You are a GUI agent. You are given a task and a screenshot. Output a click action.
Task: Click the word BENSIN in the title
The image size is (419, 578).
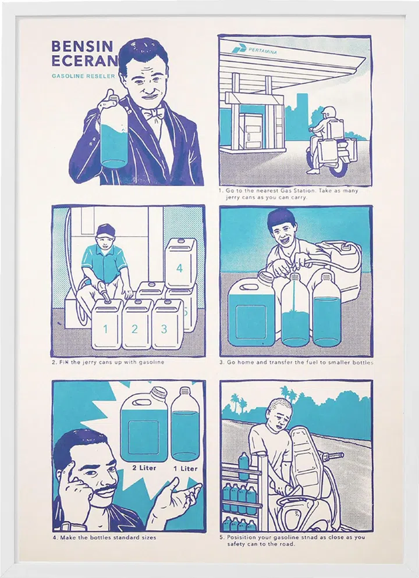[82, 47]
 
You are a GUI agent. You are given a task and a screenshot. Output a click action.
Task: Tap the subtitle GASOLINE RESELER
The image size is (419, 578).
[83, 76]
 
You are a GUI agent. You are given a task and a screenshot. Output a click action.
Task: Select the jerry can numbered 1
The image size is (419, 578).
[107, 324]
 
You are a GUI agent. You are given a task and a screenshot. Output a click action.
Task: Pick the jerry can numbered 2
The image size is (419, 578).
[137, 324]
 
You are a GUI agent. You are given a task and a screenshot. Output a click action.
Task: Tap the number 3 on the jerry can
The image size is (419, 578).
[164, 329]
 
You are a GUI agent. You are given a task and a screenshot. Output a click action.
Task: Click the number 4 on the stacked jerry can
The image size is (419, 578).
[180, 268]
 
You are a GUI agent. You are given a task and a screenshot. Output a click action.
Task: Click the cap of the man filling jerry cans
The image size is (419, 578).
[106, 230]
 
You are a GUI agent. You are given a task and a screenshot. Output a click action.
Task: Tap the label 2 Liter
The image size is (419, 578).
[144, 468]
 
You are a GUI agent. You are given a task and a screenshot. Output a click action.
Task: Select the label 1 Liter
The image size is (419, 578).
[185, 469]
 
